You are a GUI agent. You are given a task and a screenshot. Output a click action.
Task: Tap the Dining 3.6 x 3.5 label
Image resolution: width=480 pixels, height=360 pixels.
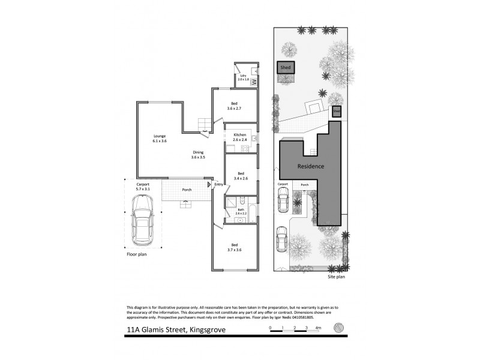[198, 154]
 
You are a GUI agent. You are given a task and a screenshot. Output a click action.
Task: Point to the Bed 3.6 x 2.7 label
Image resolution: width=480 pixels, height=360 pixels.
[234, 106]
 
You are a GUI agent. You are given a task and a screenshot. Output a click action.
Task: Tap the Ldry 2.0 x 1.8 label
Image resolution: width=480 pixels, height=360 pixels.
[242, 77]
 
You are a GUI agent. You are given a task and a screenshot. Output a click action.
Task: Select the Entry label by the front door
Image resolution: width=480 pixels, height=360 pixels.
[218, 184]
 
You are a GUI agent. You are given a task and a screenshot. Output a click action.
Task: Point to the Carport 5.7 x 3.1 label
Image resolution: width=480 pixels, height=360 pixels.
[142, 187]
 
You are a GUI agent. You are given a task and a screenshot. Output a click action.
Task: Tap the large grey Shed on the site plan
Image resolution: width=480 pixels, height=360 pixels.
[285, 68]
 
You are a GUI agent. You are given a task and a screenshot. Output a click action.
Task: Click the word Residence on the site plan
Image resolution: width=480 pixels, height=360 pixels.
[311, 166]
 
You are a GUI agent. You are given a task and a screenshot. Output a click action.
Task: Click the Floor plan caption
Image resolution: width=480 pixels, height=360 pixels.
[136, 254]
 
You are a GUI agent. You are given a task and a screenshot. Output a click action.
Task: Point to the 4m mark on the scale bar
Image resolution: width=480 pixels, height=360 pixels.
[317, 328]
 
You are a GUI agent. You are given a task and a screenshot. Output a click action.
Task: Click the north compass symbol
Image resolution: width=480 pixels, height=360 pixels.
[340, 328]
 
